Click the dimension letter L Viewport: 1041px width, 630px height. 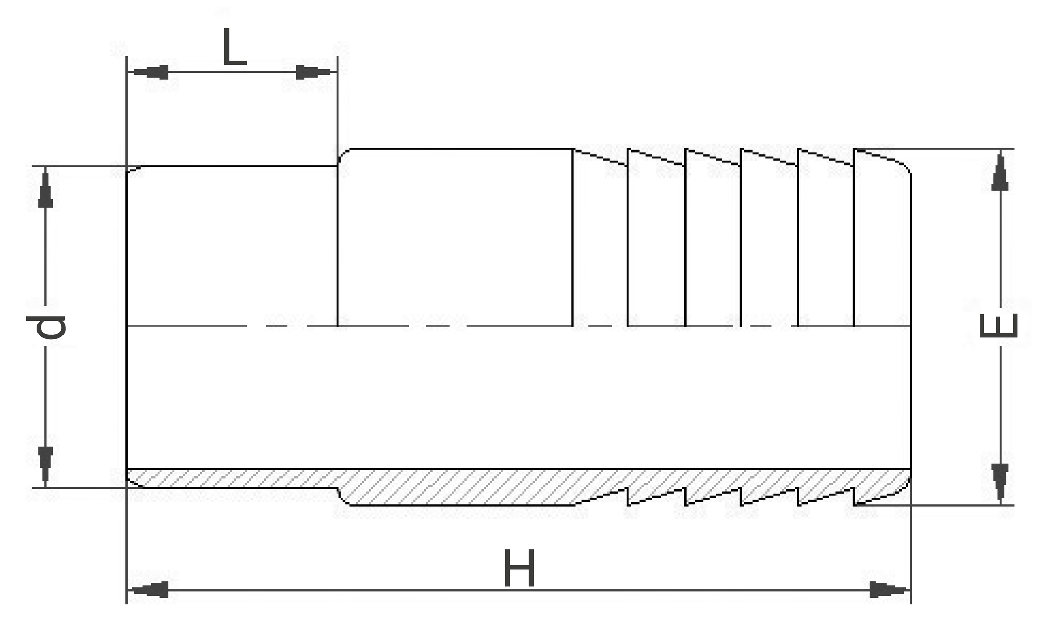234,47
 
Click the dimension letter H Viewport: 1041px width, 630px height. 519,569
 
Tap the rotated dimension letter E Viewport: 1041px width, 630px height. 998,326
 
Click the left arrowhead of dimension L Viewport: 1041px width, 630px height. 148,72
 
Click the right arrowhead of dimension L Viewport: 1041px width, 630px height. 316,72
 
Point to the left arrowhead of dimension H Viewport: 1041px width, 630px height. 148,590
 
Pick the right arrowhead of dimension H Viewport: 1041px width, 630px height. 891,590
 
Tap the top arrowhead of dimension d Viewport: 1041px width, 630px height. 45,187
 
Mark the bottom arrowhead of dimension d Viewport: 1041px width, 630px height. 45,467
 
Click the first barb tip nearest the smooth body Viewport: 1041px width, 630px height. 628,149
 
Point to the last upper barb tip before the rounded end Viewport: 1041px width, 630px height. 854,149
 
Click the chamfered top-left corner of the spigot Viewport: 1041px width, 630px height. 133,169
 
